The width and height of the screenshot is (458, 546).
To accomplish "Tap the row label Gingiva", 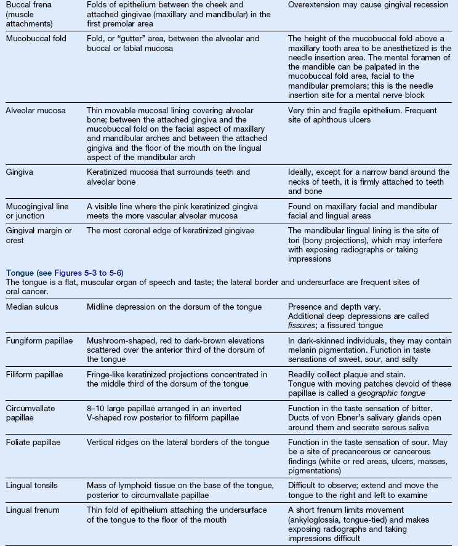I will point(19,172).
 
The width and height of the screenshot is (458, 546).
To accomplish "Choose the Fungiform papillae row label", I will point(38,341).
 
